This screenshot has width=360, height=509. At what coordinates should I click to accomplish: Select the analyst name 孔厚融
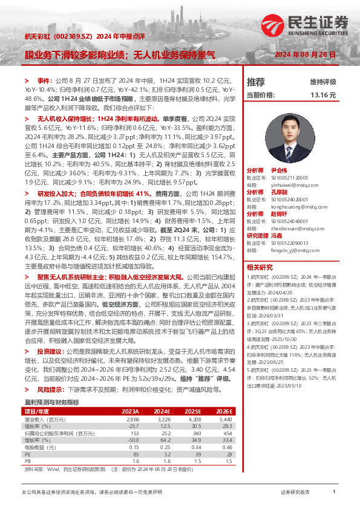[x=278, y=192]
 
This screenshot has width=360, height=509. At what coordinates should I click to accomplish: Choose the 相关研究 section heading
[x=260, y=267]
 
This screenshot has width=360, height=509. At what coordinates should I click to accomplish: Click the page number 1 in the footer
[x=334, y=493]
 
